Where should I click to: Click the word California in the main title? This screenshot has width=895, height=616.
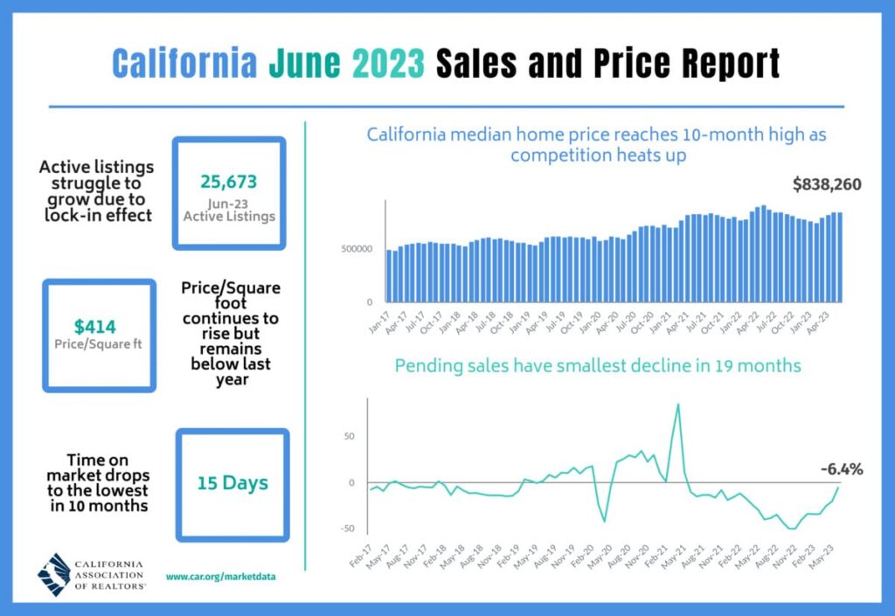[x=185, y=64]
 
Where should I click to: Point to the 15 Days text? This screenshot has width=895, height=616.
[x=232, y=481]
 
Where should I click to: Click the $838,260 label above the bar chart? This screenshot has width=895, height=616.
[x=827, y=184]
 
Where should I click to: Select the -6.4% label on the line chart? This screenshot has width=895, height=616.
[x=842, y=469]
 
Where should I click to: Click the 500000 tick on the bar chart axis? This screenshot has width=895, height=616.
[x=357, y=250]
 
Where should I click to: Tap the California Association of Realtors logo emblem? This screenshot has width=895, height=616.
[x=56, y=574]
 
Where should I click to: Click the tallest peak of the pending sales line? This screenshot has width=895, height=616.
[x=678, y=404]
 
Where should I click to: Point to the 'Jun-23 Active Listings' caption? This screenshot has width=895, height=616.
[x=229, y=209]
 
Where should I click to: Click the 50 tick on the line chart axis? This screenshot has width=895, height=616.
[x=350, y=435]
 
